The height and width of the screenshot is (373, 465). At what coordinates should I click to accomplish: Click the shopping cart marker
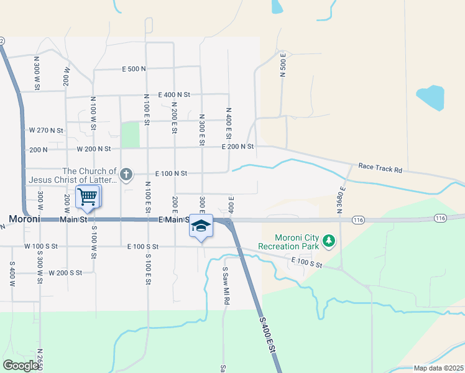point(88,197)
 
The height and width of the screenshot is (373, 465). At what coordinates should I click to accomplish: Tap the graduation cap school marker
point(201,226)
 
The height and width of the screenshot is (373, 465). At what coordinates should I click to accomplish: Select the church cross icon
point(126,174)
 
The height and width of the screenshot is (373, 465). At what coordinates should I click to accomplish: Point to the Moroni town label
point(25,219)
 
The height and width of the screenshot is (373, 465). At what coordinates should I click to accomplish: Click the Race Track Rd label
point(380,168)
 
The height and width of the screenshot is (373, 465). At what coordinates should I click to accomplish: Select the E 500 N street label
point(134,68)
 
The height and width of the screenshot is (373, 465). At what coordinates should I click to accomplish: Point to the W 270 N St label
point(46,131)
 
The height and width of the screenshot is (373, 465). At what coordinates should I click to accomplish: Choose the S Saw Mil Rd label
point(227,285)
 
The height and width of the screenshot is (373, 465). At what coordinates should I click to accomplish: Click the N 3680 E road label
point(341,200)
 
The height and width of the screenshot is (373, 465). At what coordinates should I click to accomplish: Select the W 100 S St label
point(41,246)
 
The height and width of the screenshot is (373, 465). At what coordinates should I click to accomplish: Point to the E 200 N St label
point(239,147)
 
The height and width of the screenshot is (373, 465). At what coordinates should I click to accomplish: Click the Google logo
point(21,365)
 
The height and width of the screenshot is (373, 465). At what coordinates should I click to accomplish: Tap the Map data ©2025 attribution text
point(438,368)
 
